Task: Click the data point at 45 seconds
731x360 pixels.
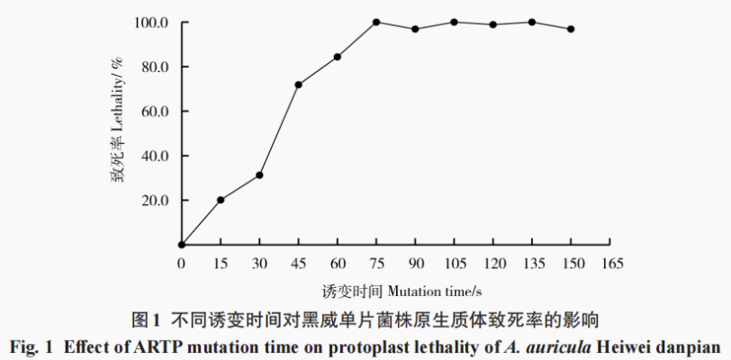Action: click(x=298, y=85)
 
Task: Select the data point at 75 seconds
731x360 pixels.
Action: click(x=376, y=22)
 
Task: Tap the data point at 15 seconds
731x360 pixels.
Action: click(x=221, y=200)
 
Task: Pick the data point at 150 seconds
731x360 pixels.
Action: click(x=571, y=29)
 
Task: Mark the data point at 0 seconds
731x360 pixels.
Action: click(x=182, y=244)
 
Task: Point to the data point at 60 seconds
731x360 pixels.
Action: click(x=338, y=57)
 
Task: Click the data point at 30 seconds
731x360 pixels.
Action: click(x=259, y=175)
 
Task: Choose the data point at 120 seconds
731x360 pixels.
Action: click(x=493, y=24)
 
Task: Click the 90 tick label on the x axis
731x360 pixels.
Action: click(x=415, y=263)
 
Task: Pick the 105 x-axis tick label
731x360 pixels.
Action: click(x=455, y=263)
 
